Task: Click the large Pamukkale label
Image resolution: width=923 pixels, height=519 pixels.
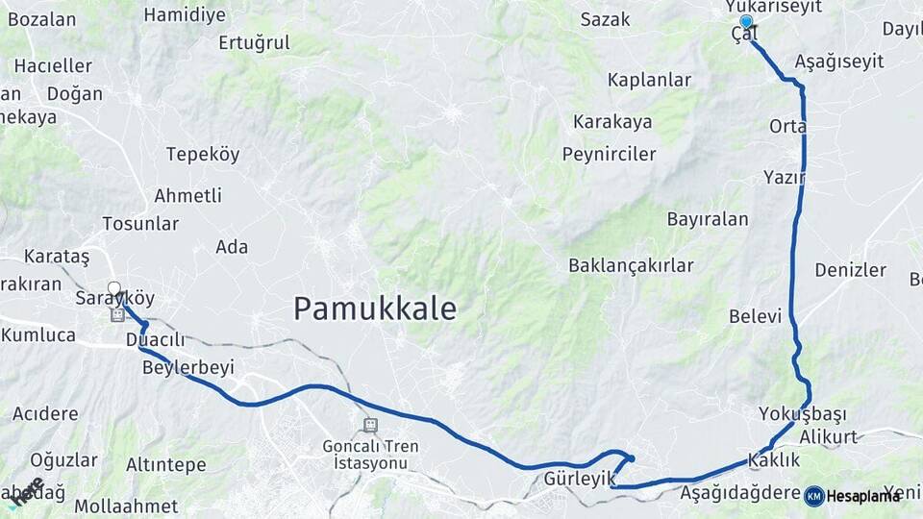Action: point(374,309)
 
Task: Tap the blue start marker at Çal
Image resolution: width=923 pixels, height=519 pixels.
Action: point(746,21)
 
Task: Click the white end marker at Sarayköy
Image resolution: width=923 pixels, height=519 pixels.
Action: point(114,287)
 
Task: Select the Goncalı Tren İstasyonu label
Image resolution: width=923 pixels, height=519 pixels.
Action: point(370,455)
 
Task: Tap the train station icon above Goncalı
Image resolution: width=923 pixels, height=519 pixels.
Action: point(370,425)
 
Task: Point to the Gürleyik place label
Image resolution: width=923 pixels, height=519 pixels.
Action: point(579,479)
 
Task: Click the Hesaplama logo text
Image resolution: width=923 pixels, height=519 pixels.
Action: point(863,496)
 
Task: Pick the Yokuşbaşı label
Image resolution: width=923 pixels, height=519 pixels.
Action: point(801,414)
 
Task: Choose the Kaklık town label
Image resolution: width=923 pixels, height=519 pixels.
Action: point(773,460)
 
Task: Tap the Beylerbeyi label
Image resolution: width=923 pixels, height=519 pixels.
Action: point(187,368)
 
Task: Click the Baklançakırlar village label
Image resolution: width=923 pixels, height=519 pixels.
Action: point(631,265)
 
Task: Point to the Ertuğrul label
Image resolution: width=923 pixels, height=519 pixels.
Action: point(254,42)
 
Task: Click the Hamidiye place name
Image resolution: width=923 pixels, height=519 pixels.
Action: point(185,14)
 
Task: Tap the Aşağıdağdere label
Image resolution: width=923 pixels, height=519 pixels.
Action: point(740,493)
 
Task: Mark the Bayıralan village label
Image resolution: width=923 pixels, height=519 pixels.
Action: point(708,219)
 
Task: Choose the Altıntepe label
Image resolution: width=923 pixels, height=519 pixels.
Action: point(165,465)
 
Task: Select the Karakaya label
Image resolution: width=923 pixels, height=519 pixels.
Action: point(612,122)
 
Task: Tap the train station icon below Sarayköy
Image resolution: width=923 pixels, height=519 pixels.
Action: point(117,314)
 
